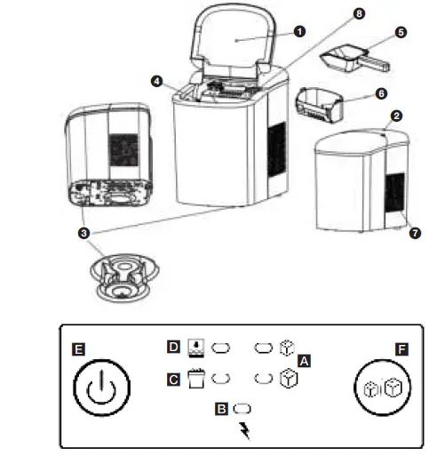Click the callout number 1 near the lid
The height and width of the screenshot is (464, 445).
coord(299,30)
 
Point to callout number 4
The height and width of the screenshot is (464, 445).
coord(156,81)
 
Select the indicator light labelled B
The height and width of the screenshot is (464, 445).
coord(242,409)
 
